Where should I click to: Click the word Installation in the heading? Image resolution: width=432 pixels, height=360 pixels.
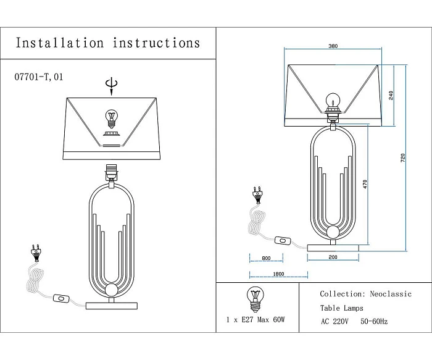click(59, 43)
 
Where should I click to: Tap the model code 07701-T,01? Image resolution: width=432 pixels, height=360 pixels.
click(38, 78)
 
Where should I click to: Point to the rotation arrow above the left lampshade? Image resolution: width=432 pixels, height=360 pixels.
click(111, 85)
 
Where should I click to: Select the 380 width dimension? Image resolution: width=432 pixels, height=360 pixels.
click(333, 46)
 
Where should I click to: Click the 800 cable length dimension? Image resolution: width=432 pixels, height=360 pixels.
click(266, 257)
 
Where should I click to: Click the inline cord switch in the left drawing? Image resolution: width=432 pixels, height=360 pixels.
click(62, 299)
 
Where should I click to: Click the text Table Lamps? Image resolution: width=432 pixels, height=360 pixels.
click(342, 308)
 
